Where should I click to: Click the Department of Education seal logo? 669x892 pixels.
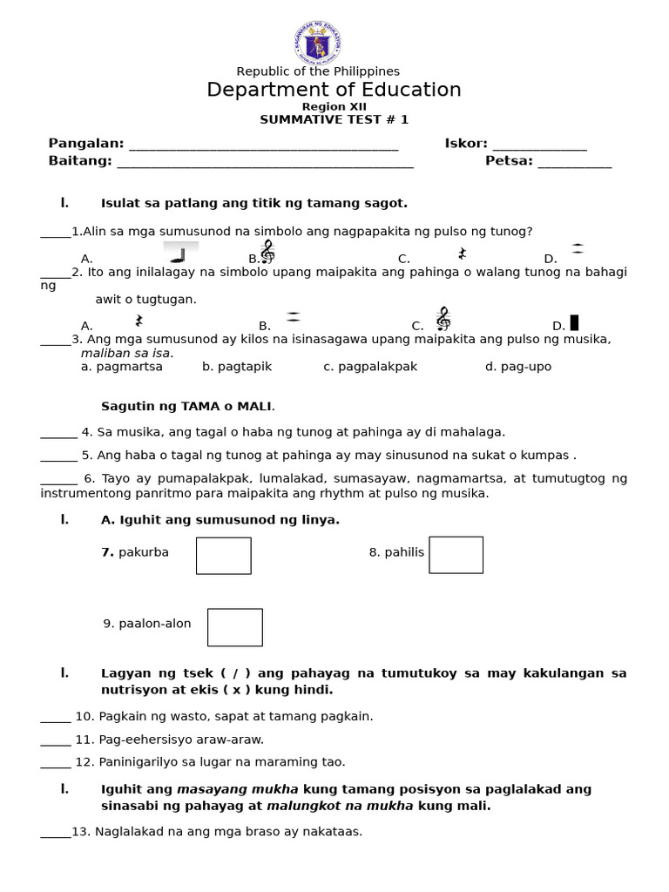318,40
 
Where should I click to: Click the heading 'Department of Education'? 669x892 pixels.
334,90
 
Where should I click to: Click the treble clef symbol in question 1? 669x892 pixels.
267,252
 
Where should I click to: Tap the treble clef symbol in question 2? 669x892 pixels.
443,319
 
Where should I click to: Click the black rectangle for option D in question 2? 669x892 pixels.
574,322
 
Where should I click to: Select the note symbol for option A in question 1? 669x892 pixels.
180,253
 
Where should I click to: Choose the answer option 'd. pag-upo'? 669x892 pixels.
518,367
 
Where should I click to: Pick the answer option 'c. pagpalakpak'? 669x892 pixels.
370,367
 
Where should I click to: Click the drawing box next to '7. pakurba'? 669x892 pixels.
224,556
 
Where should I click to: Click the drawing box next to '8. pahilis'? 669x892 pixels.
456,555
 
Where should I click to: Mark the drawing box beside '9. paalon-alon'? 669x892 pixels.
234,627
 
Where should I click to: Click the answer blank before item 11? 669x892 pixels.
56,740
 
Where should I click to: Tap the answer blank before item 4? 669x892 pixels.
58,432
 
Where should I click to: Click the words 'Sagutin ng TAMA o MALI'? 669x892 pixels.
187,406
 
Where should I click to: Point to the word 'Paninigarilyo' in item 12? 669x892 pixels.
136,761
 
